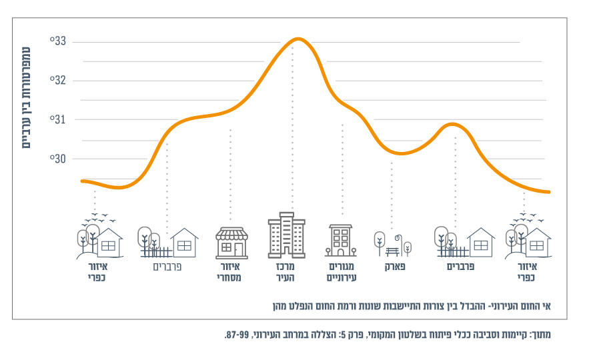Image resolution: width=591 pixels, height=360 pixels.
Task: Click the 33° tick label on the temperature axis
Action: pos(58,41)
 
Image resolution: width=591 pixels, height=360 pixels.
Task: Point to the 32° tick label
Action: pos(58,81)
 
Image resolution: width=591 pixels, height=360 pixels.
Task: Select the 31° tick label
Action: pos(58,120)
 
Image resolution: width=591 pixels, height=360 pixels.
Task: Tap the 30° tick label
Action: pos(58,159)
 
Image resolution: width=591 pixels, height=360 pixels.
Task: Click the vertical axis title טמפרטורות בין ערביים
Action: pos(27,97)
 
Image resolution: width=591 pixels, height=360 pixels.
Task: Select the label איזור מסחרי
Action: pos(229,272)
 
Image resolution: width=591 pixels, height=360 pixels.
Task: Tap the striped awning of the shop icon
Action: pos(231,233)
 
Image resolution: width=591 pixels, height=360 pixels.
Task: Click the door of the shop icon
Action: pos(238,249)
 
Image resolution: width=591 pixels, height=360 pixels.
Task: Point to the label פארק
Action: pos(395,267)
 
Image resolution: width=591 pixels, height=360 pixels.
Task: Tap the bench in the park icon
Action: pos(392,251)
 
